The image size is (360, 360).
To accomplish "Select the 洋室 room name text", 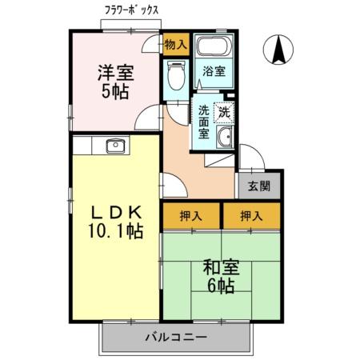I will (x=115, y=71).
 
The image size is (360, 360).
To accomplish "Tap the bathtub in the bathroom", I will (x=214, y=46).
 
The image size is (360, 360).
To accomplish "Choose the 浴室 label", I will (x=214, y=72).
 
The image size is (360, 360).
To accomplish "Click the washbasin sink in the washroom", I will (x=226, y=137).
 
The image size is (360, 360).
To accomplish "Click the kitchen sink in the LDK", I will (x=112, y=146).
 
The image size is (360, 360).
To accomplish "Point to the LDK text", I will (x=114, y=213).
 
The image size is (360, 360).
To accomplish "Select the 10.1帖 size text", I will (x=114, y=232).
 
